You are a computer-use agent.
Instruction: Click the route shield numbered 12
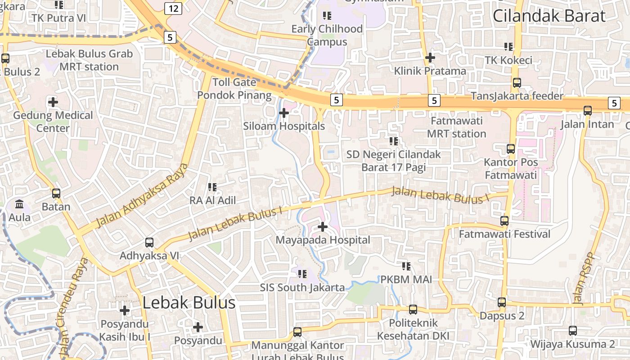tap(173, 8)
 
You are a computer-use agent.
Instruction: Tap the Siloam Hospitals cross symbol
tap(283, 112)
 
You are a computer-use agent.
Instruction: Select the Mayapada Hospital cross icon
tap(323, 226)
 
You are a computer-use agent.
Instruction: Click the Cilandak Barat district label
tap(549, 16)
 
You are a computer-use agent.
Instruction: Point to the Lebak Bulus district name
tap(189, 302)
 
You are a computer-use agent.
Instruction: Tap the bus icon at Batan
tap(56, 193)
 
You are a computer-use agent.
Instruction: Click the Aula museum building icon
tap(20, 204)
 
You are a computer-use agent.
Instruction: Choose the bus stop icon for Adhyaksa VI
tap(149, 243)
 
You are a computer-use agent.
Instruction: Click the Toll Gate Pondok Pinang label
tap(234, 89)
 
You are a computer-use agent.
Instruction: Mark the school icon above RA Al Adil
tap(212, 187)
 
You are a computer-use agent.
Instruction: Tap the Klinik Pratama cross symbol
tap(430, 58)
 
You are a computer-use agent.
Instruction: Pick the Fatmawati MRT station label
tap(457, 127)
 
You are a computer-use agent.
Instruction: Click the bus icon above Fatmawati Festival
tap(504, 221)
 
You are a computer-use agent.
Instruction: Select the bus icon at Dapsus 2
tap(502, 302)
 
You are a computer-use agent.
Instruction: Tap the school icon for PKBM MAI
tap(406, 266)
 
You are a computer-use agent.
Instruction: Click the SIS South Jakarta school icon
tap(302, 274)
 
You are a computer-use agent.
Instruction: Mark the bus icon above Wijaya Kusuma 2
tap(573, 331)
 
